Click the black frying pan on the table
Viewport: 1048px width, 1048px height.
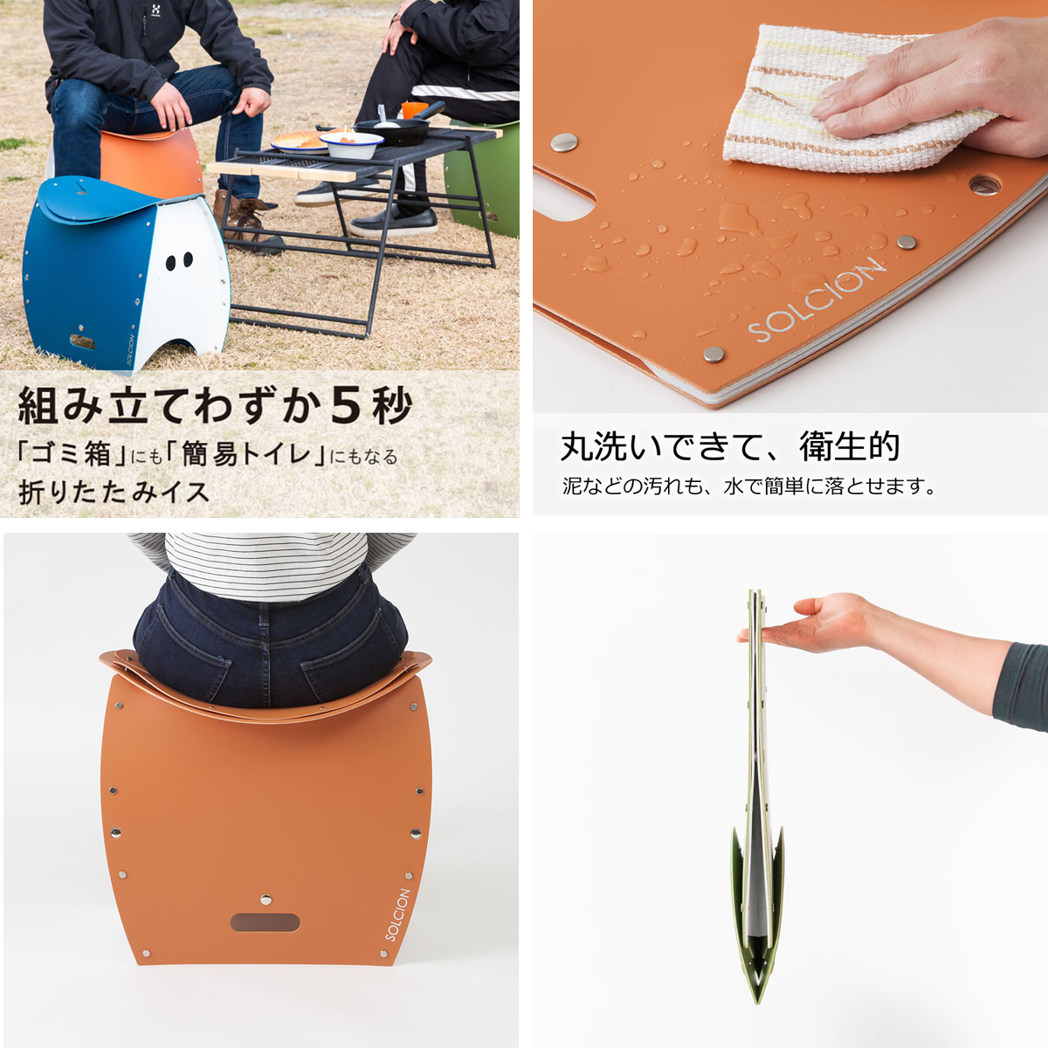[x=397, y=131]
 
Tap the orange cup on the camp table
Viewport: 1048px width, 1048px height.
[x=414, y=110]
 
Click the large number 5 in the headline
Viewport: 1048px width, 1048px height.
[x=346, y=404]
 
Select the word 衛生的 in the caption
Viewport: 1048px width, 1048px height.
[x=849, y=446]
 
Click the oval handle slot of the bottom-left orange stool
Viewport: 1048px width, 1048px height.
[x=265, y=922]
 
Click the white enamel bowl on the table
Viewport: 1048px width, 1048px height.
[x=351, y=143]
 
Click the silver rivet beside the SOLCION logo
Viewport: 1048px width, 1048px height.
[x=714, y=354]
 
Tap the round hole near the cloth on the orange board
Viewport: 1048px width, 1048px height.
[x=984, y=185]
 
